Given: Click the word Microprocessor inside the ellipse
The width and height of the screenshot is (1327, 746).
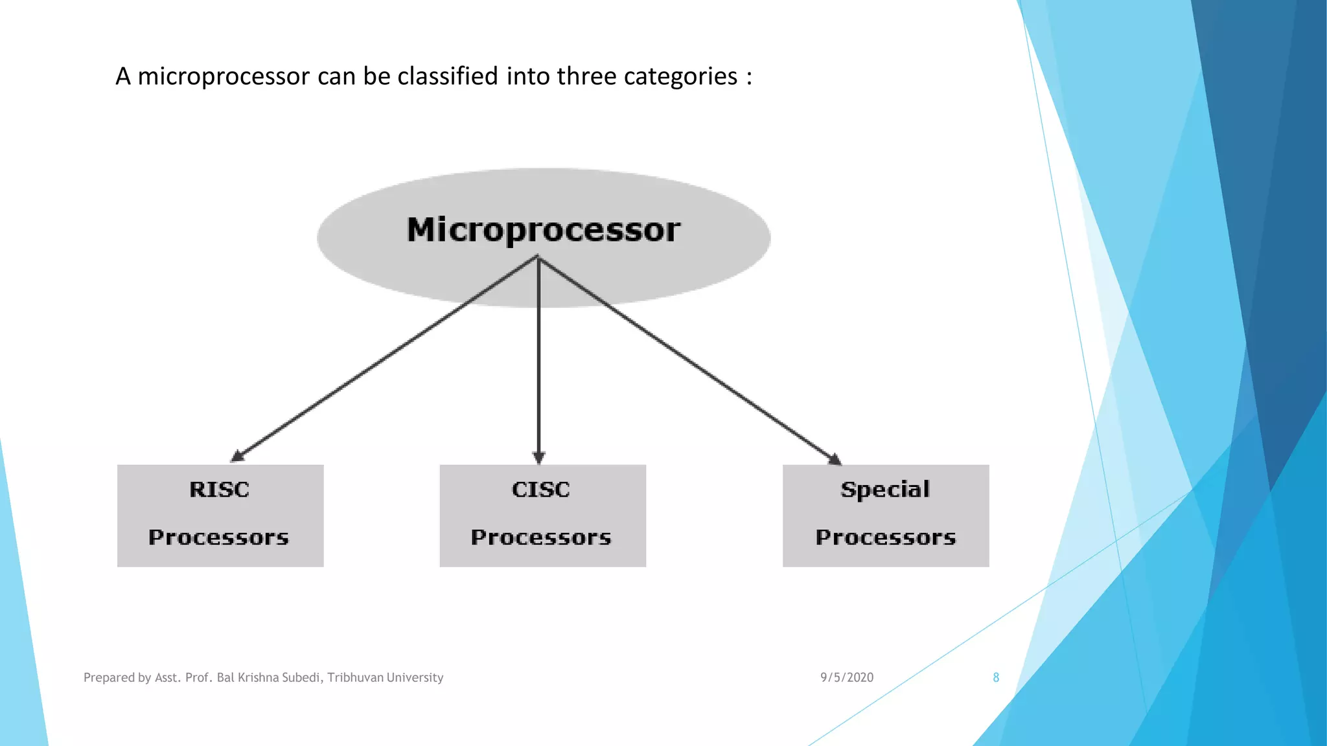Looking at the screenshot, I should (543, 231).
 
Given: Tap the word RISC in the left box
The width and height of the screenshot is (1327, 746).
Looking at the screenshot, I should (219, 490).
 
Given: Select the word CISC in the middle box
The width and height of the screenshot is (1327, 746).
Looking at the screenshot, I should (541, 490).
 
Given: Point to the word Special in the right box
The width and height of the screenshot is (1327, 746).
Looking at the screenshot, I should (885, 490).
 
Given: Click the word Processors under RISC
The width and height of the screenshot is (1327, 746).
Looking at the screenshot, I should (218, 537).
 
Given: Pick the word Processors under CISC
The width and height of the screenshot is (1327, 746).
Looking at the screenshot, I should (541, 537).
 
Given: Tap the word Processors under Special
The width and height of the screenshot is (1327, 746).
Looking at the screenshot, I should (886, 537).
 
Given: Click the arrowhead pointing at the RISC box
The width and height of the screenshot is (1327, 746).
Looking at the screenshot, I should (238, 456).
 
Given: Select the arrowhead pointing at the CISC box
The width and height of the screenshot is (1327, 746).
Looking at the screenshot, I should (538, 457).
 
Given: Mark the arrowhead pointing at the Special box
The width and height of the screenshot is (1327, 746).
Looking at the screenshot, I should (835, 459).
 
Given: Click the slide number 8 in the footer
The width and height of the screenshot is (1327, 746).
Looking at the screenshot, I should (996, 677).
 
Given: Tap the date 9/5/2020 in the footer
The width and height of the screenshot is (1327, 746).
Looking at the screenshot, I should (847, 677).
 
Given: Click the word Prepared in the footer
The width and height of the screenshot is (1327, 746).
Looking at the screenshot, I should (108, 678).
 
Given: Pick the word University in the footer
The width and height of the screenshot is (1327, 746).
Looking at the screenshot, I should (415, 677).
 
